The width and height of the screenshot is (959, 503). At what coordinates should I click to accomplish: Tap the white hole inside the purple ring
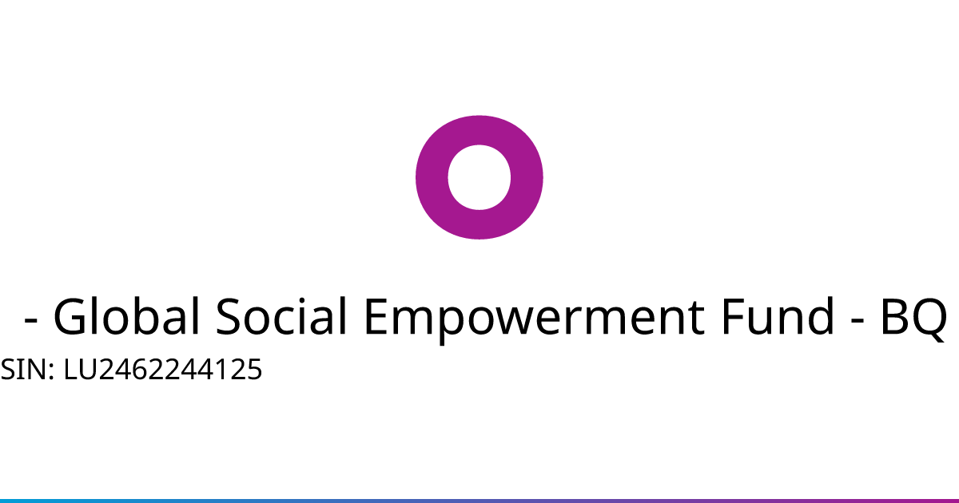pos(479,177)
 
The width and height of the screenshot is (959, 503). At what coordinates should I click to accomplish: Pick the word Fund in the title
pos(778,315)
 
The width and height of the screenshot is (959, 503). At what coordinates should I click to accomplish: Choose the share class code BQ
pos(914,319)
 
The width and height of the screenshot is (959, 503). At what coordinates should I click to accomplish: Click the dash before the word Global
pos(31,320)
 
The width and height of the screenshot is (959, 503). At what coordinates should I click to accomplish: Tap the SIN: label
pos(27,369)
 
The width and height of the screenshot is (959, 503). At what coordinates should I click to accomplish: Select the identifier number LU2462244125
pos(163,369)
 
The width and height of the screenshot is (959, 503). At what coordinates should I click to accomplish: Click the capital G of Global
pos(69,316)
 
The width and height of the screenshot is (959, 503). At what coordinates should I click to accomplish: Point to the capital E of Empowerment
pos(376,316)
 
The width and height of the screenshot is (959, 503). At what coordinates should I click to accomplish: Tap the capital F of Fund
pos(733,316)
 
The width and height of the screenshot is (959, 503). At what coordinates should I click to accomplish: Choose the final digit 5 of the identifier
pos(254,369)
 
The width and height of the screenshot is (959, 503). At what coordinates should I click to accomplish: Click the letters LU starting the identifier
pos(81,369)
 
